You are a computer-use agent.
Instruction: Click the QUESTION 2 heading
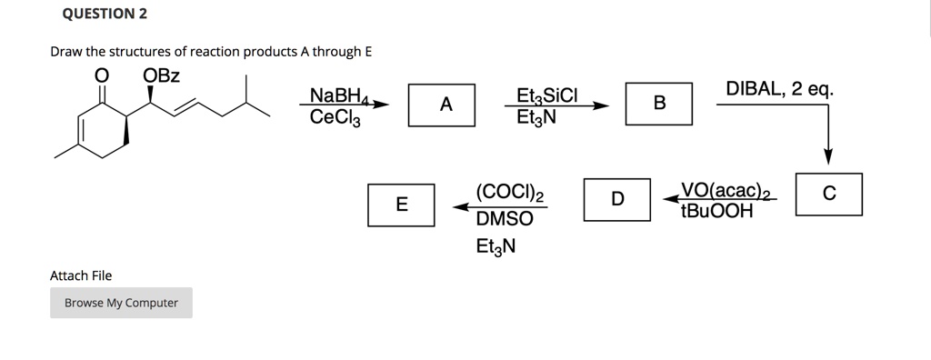(105, 15)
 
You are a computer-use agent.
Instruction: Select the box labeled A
(445, 105)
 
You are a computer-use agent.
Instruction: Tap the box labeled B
(659, 104)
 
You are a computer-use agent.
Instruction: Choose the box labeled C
(828, 194)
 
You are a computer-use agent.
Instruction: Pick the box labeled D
(617, 199)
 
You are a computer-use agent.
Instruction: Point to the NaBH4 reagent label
(336, 95)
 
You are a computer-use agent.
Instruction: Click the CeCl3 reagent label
(335, 116)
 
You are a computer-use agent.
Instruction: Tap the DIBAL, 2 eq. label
(779, 89)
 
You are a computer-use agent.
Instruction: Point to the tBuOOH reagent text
(716, 212)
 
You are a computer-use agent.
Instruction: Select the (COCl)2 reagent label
(509, 192)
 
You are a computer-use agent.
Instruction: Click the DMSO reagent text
(505, 219)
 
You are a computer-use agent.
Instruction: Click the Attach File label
(82, 275)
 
